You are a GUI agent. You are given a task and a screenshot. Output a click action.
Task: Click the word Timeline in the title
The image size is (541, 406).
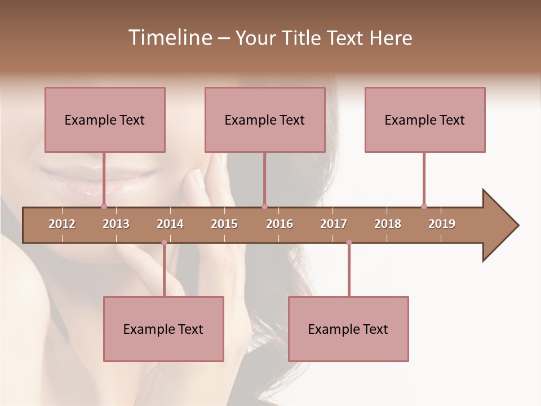pyautogui.click(x=169, y=38)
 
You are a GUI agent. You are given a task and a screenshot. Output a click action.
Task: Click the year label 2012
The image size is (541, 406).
pyautogui.click(x=62, y=224)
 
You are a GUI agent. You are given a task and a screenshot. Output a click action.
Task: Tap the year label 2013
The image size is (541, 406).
pyautogui.click(x=116, y=224)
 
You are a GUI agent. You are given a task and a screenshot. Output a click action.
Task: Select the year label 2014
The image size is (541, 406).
pyautogui.click(x=170, y=224)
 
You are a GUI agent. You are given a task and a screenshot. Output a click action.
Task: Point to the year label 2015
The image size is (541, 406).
pyautogui.click(x=224, y=224)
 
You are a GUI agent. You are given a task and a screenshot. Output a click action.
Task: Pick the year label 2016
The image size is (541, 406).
pyautogui.click(x=280, y=224)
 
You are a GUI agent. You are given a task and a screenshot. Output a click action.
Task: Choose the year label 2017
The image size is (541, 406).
pyautogui.click(x=334, y=224)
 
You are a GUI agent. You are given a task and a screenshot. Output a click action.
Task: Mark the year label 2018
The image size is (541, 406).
pyautogui.click(x=388, y=224)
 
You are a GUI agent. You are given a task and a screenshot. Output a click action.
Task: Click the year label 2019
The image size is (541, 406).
pyautogui.click(x=442, y=224)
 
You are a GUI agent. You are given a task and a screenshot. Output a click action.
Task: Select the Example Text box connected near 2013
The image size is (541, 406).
pyautogui.click(x=105, y=120)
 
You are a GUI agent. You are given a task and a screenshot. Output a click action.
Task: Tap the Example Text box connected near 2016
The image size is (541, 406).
pyautogui.click(x=265, y=120)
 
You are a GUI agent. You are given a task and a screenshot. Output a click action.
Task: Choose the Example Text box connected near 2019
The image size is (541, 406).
pyautogui.click(x=425, y=120)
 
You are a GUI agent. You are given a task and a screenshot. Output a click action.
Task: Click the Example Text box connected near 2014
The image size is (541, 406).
pyautogui.click(x=163, y=329)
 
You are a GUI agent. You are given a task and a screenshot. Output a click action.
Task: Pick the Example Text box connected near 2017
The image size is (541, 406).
pyautogui.click(x=348, y=329)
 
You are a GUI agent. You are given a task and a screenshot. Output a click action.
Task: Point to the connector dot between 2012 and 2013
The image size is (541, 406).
pyautogui.click(x=104, y=206)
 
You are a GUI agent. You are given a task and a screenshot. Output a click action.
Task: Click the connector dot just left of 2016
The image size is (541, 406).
pyautogui.click(x=264, y=206)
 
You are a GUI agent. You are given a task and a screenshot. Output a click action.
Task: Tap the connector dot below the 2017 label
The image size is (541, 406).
pyautogui.click(x=349, y=242)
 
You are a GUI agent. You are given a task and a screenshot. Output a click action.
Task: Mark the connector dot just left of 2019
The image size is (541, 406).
pyautogui.click(x=424, y=206)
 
